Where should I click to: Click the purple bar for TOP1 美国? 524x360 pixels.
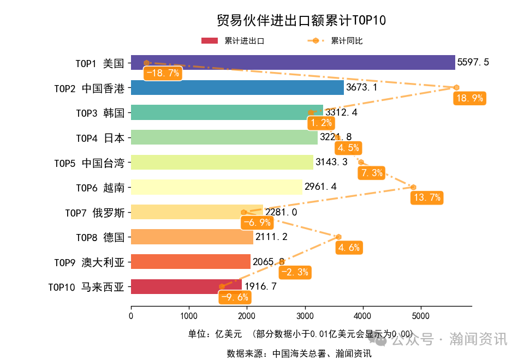coord(293,63)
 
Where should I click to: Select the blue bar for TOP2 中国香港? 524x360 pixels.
coord(237,87)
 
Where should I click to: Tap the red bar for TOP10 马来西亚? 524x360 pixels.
coord(186,286)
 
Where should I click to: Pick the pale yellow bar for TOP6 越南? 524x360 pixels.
coord(217,187)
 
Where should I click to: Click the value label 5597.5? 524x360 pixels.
coord(473,63)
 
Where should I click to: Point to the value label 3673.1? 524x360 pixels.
coord(361,87)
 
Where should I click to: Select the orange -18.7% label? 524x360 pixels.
coord(162,74)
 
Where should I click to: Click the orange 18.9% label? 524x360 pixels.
coord(469,98)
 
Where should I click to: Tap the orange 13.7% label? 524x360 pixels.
coord(426,197)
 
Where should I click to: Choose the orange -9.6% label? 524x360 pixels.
coord(234,297)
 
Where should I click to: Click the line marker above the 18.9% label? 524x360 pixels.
coord(456,87)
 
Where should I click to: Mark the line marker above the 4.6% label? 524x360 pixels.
coord(338,237)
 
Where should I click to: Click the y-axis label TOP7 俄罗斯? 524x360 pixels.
coord(94,212)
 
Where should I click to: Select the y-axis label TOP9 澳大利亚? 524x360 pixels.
coord(89,262)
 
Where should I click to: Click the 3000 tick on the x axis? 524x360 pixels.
coord(305,315)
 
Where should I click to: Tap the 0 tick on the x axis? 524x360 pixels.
coord(131,315)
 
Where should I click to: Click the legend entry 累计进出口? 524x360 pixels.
coord(233,41)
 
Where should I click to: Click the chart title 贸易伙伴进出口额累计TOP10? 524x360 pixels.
coord(301,21)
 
